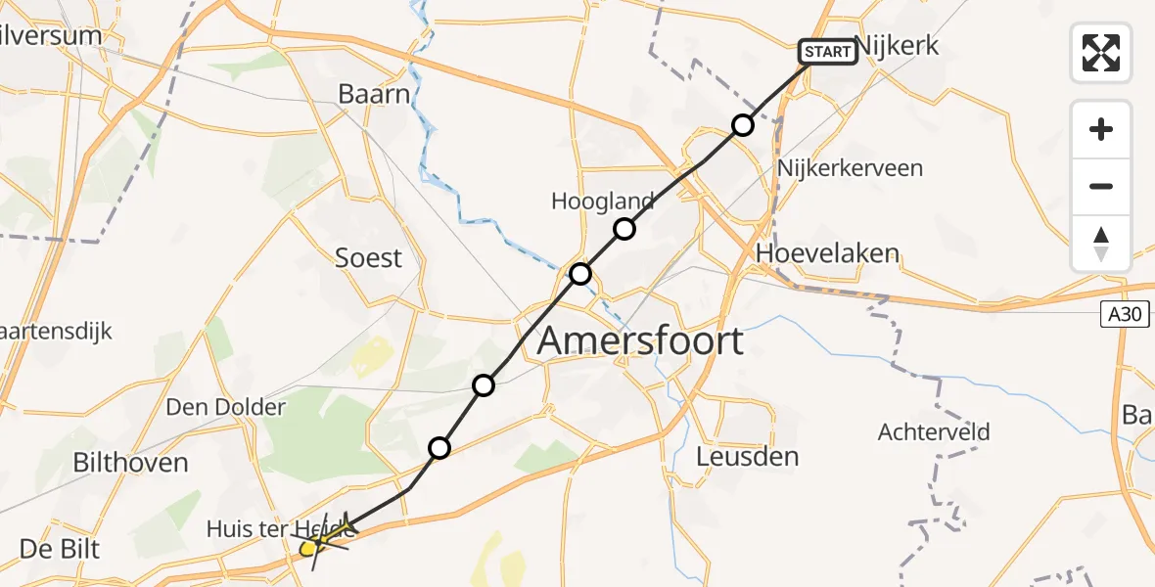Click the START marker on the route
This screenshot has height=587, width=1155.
828,52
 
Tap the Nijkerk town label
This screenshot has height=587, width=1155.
897,46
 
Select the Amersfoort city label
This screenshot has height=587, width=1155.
640,341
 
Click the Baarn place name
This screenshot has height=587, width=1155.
372,94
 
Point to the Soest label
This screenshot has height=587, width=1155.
368,257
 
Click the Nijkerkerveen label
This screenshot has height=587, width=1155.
849,168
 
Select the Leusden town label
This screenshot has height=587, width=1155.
747,456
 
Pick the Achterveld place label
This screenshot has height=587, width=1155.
934,431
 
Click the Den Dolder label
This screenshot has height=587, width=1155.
226,407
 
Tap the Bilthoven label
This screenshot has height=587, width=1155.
130,462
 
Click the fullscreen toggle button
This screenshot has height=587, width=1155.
1101,53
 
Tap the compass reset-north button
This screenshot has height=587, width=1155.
1101,244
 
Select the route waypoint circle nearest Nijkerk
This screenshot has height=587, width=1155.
743,125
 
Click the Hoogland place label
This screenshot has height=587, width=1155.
603,202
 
